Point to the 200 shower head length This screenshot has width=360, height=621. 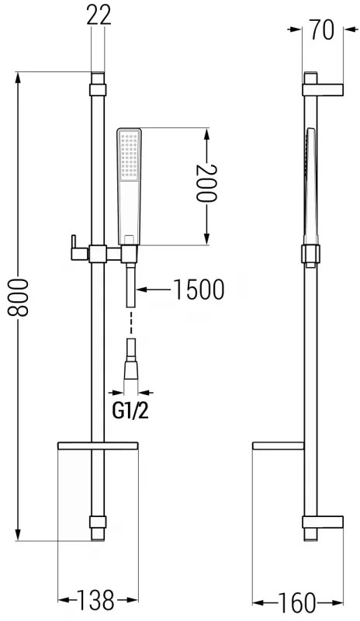(x=207, y=183)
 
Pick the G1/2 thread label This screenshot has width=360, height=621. (x=131, y=411)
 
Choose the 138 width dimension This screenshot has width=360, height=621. (x=97, y=600)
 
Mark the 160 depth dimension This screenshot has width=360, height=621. (x=299, y=601)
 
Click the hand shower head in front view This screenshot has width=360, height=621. (x=130, y=182)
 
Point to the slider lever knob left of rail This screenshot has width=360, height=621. (x=71, y=245)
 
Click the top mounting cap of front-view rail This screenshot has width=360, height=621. (x=97, y=82)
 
